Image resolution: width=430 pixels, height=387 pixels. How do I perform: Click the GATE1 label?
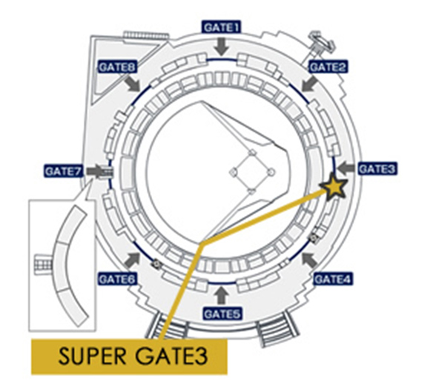(x=222, y=27)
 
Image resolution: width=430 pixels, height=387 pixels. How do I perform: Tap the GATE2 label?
(x=328, y=67)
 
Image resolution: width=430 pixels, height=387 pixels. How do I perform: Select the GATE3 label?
(x=377, y=169)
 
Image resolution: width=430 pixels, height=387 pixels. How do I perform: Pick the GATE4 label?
(x=333, y=279)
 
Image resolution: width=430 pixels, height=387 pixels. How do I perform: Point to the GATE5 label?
(x=222, y=314)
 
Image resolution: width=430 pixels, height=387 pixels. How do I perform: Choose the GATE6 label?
(x=117, y=279)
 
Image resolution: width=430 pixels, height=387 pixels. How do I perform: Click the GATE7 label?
(x=64, y=171)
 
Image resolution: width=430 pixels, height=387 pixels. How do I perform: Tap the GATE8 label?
(x=117, y=67)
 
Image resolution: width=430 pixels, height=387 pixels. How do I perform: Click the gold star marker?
(x=334, y=187)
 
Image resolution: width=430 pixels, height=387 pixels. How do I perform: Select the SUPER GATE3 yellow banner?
(x=129, y=357)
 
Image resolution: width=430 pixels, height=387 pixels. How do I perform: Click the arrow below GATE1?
(x=222, y=47)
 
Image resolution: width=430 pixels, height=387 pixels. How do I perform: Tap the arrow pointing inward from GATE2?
(x=309, y=84)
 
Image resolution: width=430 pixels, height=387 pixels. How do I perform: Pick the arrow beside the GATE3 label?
(x=346, y=168)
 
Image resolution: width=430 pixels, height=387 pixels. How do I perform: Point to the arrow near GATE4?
(x=309, y=260)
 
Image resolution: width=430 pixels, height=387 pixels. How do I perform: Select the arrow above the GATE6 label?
(x=133, y=260)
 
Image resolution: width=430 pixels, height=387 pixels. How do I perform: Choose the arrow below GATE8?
(x=133, y=84)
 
